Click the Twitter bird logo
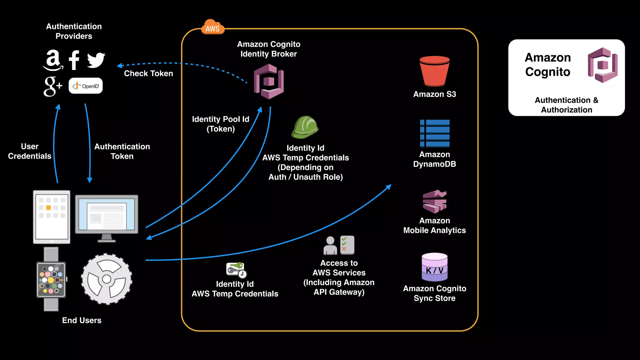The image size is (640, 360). pyautogui.click(x=96, y=60)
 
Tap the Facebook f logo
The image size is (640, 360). pyautogui.click(x=74, y=60)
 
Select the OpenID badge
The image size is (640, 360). pyautogui.click(x=86, y=86)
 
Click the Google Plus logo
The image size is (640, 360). pyautogui.click(x=53, y=86)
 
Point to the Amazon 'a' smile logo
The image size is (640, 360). pyautogui.click(x=53, y=60)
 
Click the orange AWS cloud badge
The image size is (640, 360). pyautogui.click(x=212, y=28)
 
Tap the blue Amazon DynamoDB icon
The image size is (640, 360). pyautogui.click(x=435, y=133)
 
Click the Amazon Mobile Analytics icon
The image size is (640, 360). pyautogui.click(x=435, y=201)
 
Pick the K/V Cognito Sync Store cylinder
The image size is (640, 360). pyautogui.click(x=435, y=267)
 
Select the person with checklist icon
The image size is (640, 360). pyautogui.click(x=339, y=245)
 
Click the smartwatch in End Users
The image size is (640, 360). pyautogui.click(x=51, y=279)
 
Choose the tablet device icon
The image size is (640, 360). pyautogui.click(x=52, y=217)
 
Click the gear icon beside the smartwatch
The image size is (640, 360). pyautogui.click(x=107, y=279)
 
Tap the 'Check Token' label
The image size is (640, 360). pyautogui.click(x=148, y=73)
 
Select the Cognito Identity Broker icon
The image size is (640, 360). pyautogui.click(x=269, y=82)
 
